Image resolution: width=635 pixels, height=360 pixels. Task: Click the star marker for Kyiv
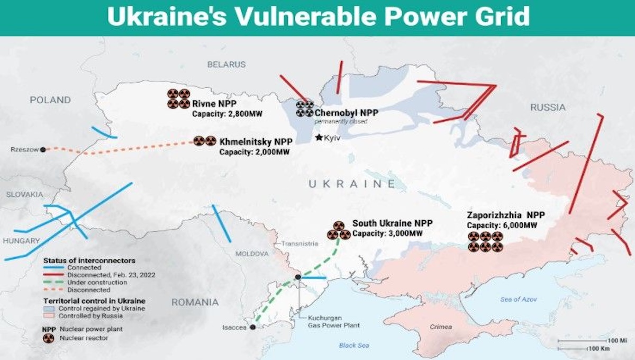(x=319, y=138)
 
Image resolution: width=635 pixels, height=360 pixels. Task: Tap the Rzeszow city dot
(x=43, y=149)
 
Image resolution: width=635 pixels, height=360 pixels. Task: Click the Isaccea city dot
(x=253, y=328)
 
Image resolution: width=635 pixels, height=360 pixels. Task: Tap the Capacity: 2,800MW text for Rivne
(x=228, y=114)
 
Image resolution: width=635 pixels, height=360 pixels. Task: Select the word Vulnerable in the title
(x=286, y=17)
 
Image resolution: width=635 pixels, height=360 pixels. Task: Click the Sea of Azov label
(x=519, y=300)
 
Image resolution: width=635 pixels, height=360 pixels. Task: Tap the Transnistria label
(x=300, y=244)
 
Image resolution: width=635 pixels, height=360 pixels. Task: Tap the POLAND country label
(x=50, y=100)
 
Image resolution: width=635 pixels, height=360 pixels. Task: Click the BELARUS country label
(x=226, y=65)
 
